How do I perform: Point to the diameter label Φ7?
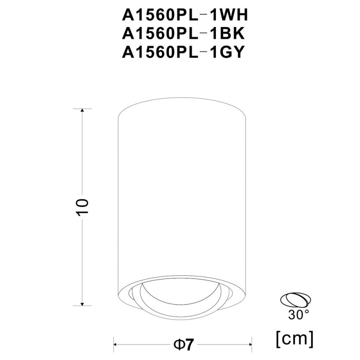click(x=183, y=345)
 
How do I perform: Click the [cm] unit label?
click(x=294, y=336)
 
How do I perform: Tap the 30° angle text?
click(x=298, y=314)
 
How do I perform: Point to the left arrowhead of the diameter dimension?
click(x=116, y=345)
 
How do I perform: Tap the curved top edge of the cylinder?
click(x=182, y=102)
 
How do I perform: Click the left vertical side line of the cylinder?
click(x=118, y=202)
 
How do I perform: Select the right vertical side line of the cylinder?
click(x=246, y=202)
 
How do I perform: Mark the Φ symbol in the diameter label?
click(x=178, y=345)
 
